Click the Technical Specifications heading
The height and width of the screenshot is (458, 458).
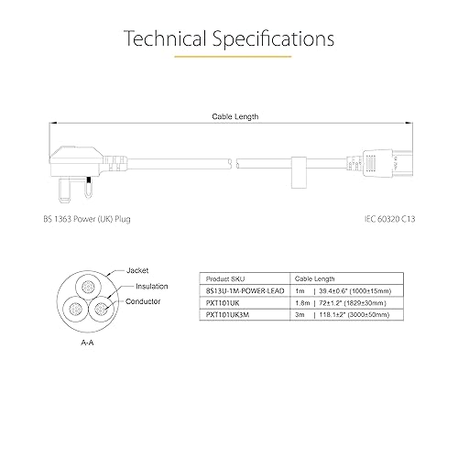229,39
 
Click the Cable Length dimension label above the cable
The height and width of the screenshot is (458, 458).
235,116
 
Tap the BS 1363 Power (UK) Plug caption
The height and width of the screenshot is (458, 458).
87,219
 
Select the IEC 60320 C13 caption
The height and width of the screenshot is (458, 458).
389,219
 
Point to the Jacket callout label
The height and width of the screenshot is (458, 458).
137,270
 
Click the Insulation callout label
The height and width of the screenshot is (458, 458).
152,286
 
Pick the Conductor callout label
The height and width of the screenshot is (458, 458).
143,301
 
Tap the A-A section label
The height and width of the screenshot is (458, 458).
87,343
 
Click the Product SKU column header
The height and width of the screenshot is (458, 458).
225,278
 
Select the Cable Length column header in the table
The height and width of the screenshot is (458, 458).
314,278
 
